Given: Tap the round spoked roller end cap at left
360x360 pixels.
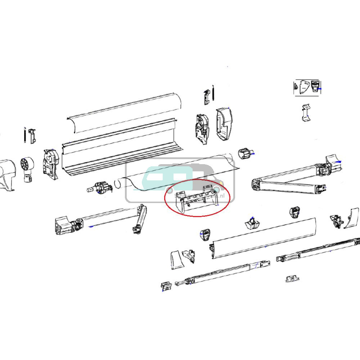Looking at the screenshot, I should [27, 165].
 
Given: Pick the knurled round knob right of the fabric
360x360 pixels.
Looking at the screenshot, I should [244, 154].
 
